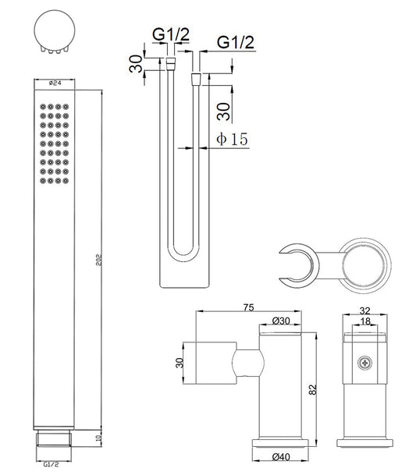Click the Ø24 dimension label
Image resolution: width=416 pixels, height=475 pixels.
(x=55, y=83)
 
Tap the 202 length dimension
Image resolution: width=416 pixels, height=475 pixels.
(x=99, y=260)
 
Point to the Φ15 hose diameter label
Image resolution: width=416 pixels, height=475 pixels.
(x=232, y=139)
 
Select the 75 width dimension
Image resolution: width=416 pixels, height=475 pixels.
(x=248, y=307)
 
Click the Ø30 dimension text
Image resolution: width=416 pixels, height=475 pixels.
(x=281, y=321)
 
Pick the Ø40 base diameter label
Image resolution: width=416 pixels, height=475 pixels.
(x=281, y=457)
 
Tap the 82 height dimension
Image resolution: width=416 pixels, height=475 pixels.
(x=313, y=389)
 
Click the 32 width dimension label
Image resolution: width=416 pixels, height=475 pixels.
(x=364, y=310)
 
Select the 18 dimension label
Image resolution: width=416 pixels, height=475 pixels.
(x=366, y=321)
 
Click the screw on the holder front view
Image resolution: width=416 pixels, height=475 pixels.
(x=364, y=363)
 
